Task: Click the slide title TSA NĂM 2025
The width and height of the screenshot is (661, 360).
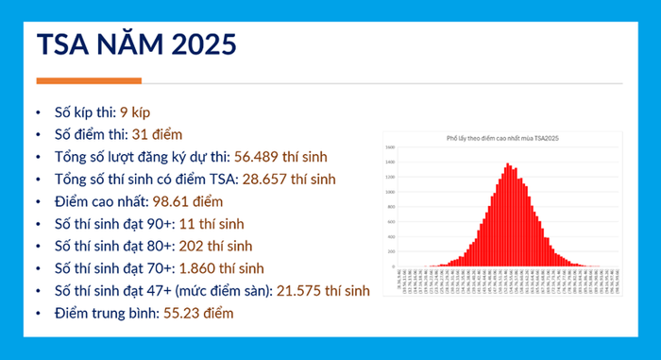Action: (136, 45)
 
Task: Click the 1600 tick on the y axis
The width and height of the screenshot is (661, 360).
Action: (390, 148)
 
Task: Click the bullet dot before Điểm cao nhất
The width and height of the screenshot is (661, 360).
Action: (38, 202)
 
